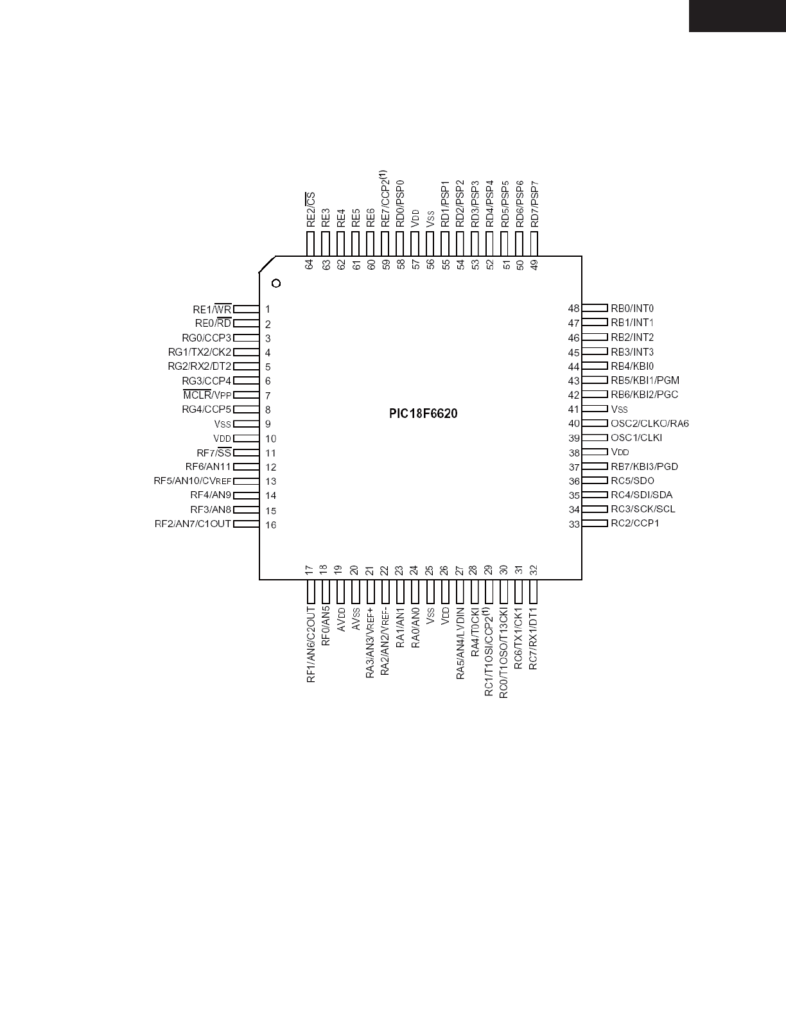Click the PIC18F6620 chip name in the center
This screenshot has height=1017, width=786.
423,414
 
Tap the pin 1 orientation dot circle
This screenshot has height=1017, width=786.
276,283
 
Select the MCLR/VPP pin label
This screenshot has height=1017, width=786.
207,395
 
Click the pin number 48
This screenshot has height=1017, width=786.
573,309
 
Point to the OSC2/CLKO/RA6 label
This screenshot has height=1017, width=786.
649,423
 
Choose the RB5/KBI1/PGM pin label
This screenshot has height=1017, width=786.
645,380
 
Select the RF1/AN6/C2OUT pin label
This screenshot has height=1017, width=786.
311,643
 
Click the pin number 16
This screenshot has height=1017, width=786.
270,525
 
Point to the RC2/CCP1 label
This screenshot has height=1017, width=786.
634,523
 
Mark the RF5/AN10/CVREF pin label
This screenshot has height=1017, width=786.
192,481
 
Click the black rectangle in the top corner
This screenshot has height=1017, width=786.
737,15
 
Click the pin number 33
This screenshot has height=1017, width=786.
573,525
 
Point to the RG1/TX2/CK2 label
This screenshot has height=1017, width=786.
199,352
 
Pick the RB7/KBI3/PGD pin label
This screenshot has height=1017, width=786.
644,466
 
